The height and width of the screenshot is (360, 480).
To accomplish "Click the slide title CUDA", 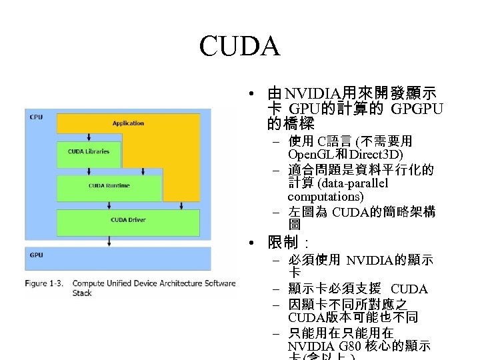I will pos(239,47).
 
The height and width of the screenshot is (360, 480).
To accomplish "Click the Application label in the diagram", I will pos(128,123).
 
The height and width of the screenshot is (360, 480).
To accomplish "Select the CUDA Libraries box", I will pos(88,152).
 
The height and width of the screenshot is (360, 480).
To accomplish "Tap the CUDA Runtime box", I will pos(109,185).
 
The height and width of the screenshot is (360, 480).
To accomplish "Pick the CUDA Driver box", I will pos(128,219).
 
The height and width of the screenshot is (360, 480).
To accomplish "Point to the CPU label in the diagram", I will pos(36,117).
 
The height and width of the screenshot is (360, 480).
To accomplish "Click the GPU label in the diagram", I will pos(36,255).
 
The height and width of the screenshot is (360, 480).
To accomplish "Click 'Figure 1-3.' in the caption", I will pos(45,283).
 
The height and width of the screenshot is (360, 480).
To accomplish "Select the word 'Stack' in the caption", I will pos(82,293).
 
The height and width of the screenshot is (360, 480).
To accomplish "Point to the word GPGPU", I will pos(417,109).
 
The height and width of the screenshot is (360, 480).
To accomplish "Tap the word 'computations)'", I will pos(325,197).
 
